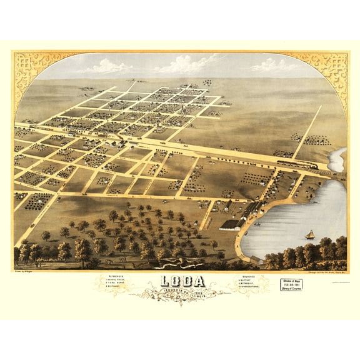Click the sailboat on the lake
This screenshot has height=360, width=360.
point(309,234)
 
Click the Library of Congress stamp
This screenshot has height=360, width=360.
point(290,285)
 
